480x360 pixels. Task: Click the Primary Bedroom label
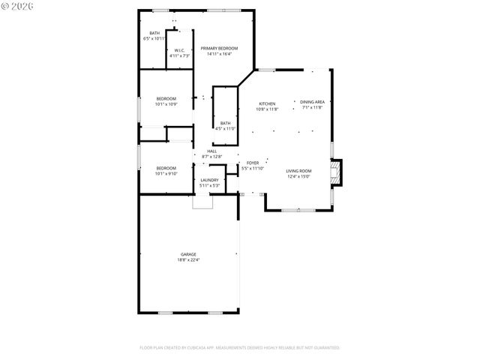[x=219, y=48]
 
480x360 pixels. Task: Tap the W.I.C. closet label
[x=179, y=50]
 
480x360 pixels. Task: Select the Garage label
[x=188, y=254]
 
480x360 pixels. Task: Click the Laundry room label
[x=209, y=180]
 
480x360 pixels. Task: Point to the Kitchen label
[x=267, y=103]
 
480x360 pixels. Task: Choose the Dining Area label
[x=311, y=102]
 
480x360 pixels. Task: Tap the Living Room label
[x=298, y=171]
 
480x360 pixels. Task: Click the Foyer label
[x=253, y=163]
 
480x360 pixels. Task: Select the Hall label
[x=212, y=151]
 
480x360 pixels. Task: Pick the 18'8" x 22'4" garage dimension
[x=188, y=260]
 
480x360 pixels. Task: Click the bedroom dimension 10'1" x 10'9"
[x=166, y=104]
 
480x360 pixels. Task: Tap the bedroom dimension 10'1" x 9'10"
[x=166, y=173]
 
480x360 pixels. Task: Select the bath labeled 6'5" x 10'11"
[x=154, y=38]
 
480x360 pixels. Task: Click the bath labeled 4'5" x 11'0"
[x=226, y=128]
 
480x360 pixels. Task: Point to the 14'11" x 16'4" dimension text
[x=219, y=53]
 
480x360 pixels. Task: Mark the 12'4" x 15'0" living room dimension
[x=298, y=177]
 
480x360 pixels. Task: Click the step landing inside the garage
[x=202, y=201]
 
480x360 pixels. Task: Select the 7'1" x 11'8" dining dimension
[x=311, y=108]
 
